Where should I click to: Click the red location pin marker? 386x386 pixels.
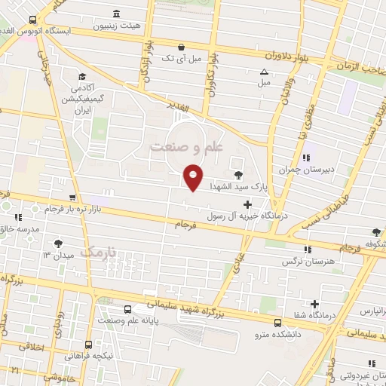point(193,176)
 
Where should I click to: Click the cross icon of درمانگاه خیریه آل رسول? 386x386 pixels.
point(247,204)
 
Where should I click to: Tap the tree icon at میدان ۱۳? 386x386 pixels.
point(59,243)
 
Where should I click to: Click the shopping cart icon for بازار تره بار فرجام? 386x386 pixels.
point(73,198)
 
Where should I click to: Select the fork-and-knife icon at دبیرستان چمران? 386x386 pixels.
point(306,158)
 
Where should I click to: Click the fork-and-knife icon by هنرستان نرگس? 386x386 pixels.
point(306,250)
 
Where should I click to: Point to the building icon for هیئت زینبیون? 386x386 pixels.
point(115,14)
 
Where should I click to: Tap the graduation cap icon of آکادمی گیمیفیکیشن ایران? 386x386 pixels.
point(82,76)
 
